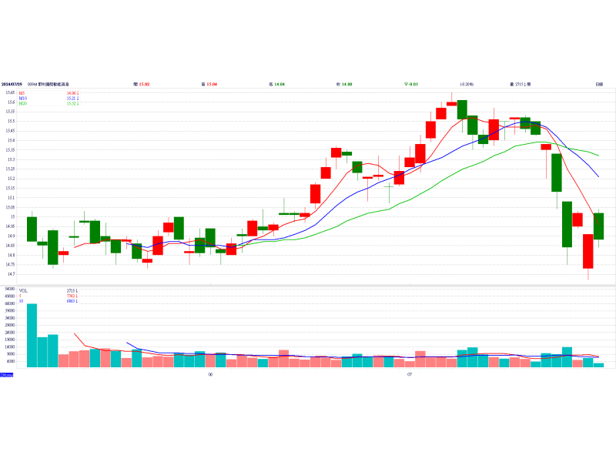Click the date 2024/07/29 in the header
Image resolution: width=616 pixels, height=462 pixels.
(11, 83)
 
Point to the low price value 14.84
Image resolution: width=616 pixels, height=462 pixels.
(277, 83)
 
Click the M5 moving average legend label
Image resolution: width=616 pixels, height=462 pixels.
(22, 92)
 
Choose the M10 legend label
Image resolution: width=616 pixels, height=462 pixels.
(23, 98)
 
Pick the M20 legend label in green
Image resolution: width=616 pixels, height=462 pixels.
(23, 103)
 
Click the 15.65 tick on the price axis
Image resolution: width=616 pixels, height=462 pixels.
(10, 92)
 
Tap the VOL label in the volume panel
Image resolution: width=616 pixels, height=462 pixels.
(23, 290)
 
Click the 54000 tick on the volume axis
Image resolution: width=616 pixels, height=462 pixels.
(10, 289)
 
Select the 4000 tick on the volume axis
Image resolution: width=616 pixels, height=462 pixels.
(11, 361)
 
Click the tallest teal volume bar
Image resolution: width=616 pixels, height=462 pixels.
(32, 334)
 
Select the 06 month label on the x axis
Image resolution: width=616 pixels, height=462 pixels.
(209, 375)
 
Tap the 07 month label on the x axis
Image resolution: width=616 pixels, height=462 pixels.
(410, 375)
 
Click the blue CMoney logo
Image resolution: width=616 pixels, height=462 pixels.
(7, 375)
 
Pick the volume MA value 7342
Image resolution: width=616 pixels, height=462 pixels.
(72, 296)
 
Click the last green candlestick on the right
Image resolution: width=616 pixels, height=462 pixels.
(598, 226)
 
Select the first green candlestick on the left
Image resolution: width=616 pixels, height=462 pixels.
(32, 229)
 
